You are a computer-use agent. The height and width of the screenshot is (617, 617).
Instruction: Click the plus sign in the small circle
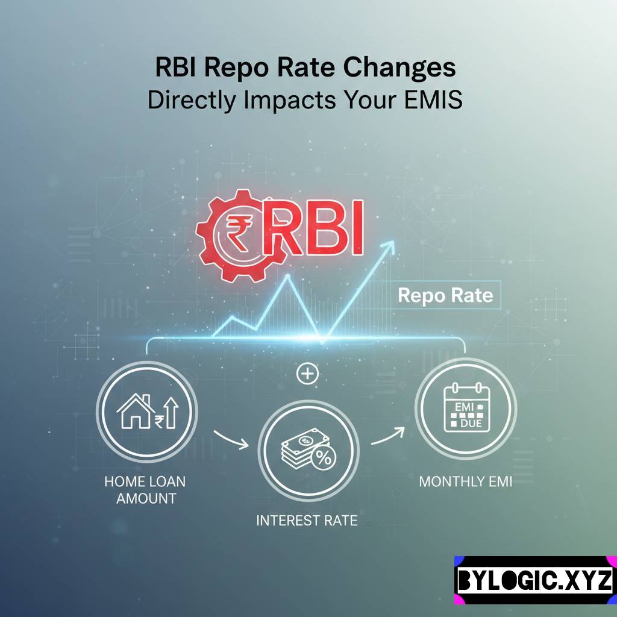pos(307,374)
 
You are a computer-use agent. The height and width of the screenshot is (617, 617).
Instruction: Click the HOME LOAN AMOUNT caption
pos(145,490)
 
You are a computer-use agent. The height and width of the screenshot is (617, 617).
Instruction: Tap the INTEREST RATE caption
pos(307,520)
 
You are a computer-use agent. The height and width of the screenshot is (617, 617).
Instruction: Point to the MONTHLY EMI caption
pos(465,482)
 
